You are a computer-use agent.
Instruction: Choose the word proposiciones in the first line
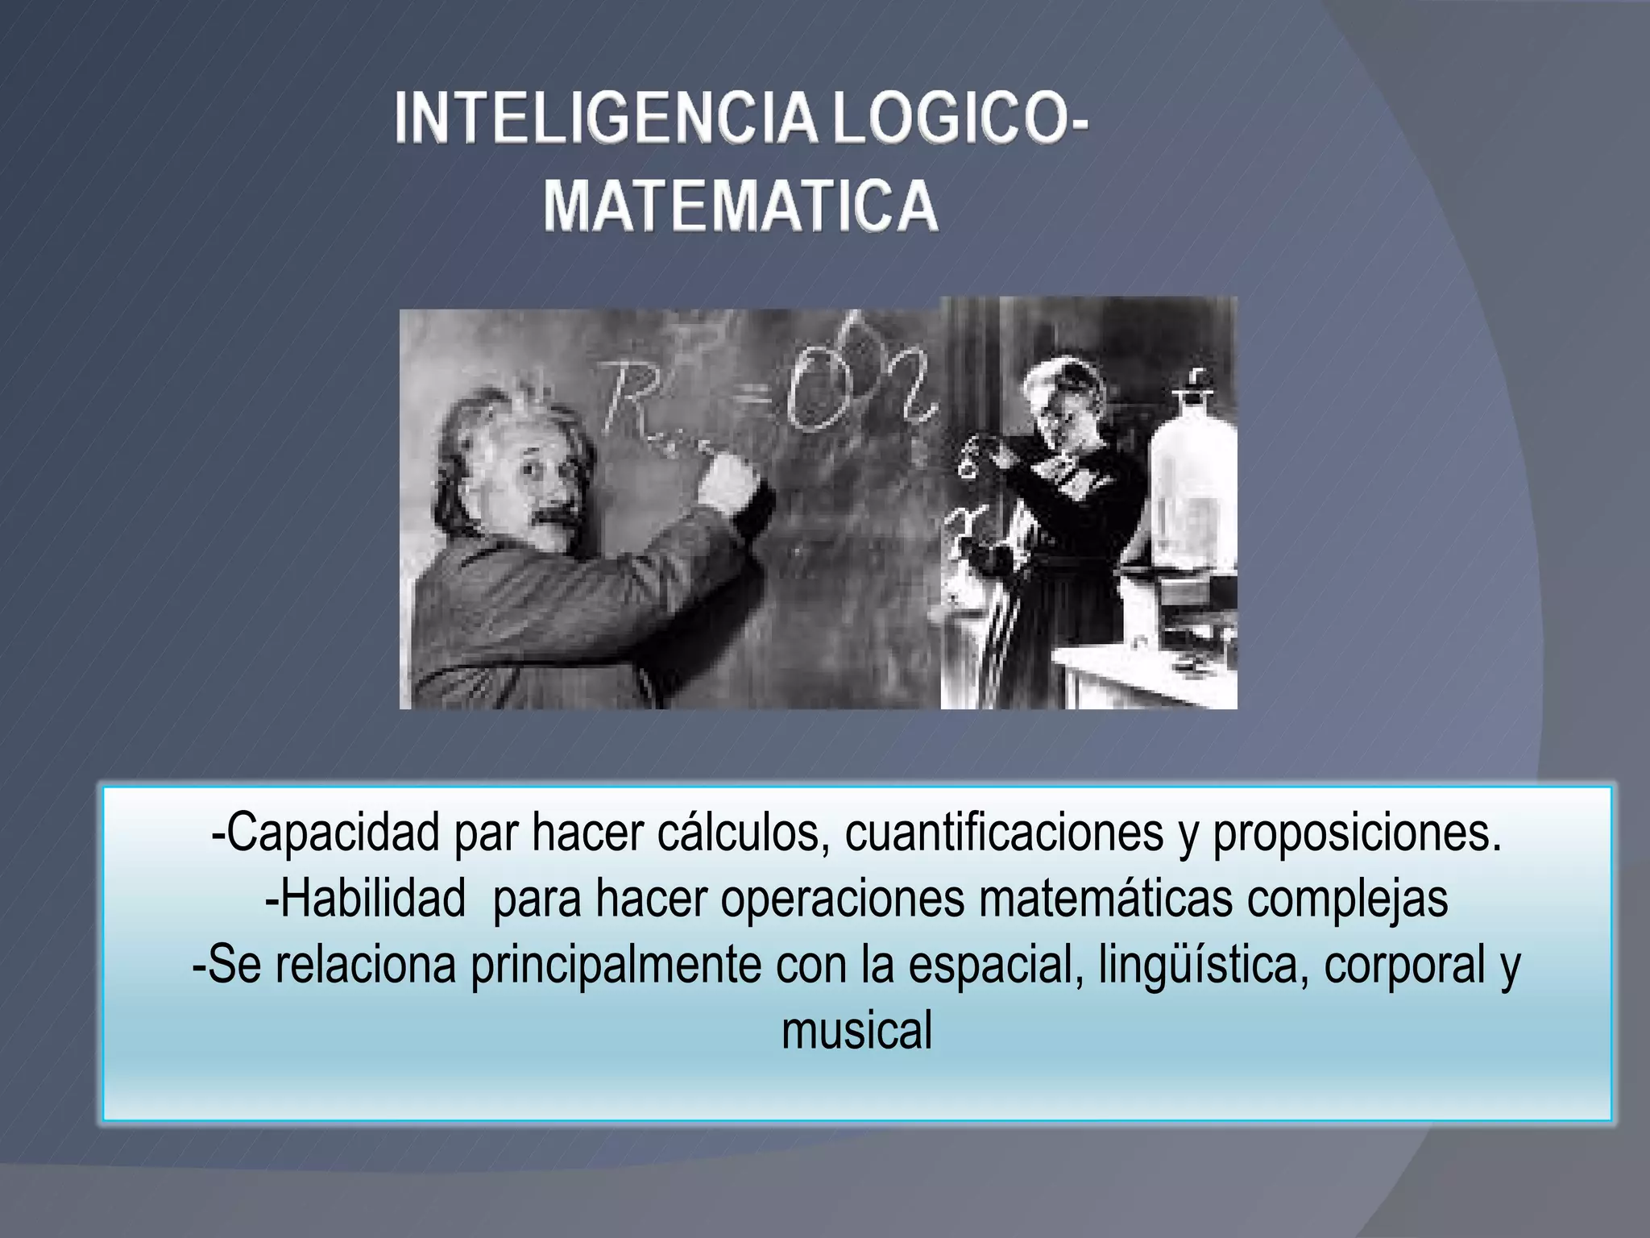point(1357,834)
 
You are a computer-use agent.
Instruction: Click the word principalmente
point(616,966)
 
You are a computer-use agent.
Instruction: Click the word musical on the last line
point(856,1030)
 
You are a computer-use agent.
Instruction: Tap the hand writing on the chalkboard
point(729,480)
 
